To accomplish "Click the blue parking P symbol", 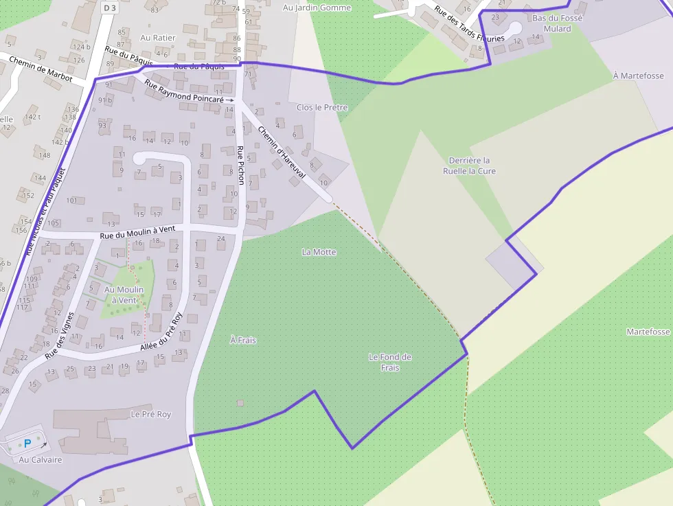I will point(27,444).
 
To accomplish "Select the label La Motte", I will point(319,252).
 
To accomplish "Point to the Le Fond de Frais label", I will point(389,362).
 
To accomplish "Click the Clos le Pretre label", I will point(322,108).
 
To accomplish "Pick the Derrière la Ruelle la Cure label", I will point(469,165).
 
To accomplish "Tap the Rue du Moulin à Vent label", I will point(139,233).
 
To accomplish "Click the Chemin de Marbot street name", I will point(41,69).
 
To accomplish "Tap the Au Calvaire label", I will point(41,459).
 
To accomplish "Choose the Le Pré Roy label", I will point(150,415).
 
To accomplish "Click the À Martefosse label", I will point(638,76).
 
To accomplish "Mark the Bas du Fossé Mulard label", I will point(557,23).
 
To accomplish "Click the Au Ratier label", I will point(158,38).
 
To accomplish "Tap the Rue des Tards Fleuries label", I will point(470,25).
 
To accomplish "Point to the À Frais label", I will point(243,340).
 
